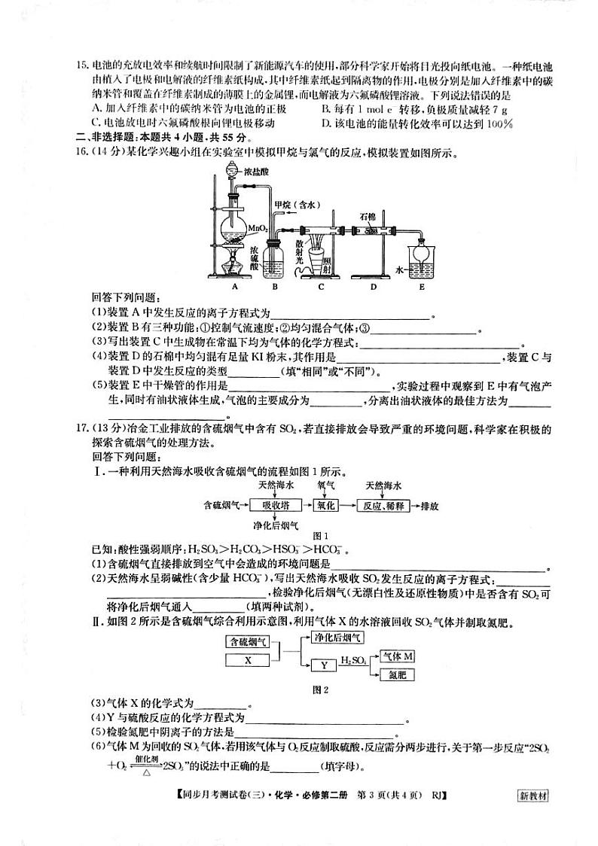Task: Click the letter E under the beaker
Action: point(422,287)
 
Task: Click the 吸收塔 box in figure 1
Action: point(271,504)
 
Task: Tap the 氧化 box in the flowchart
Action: point(326,504)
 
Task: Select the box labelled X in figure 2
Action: point(248,660)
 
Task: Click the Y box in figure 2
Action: point(322,665)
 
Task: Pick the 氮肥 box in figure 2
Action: point(397,675)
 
